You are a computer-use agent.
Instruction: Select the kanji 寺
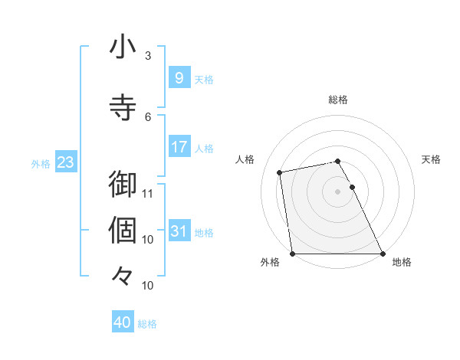tap(123, 106)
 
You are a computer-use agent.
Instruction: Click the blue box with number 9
tap(179, 78)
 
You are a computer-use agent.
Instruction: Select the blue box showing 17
tap(179, 147)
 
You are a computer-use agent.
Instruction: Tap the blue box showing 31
tap(179, 231)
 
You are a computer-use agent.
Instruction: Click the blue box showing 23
tap(65, 162)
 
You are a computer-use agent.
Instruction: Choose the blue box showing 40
tap(123, 322)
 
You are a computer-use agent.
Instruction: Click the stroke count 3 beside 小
tap(148, 55)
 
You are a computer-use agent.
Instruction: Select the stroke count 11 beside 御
tap(148, 193)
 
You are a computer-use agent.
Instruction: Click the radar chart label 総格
tap(338, 100)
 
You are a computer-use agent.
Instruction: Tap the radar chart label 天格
tap(432, 159)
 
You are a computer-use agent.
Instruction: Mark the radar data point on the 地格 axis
tap(383, 254)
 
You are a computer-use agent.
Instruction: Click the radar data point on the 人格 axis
tap(281, 172)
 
